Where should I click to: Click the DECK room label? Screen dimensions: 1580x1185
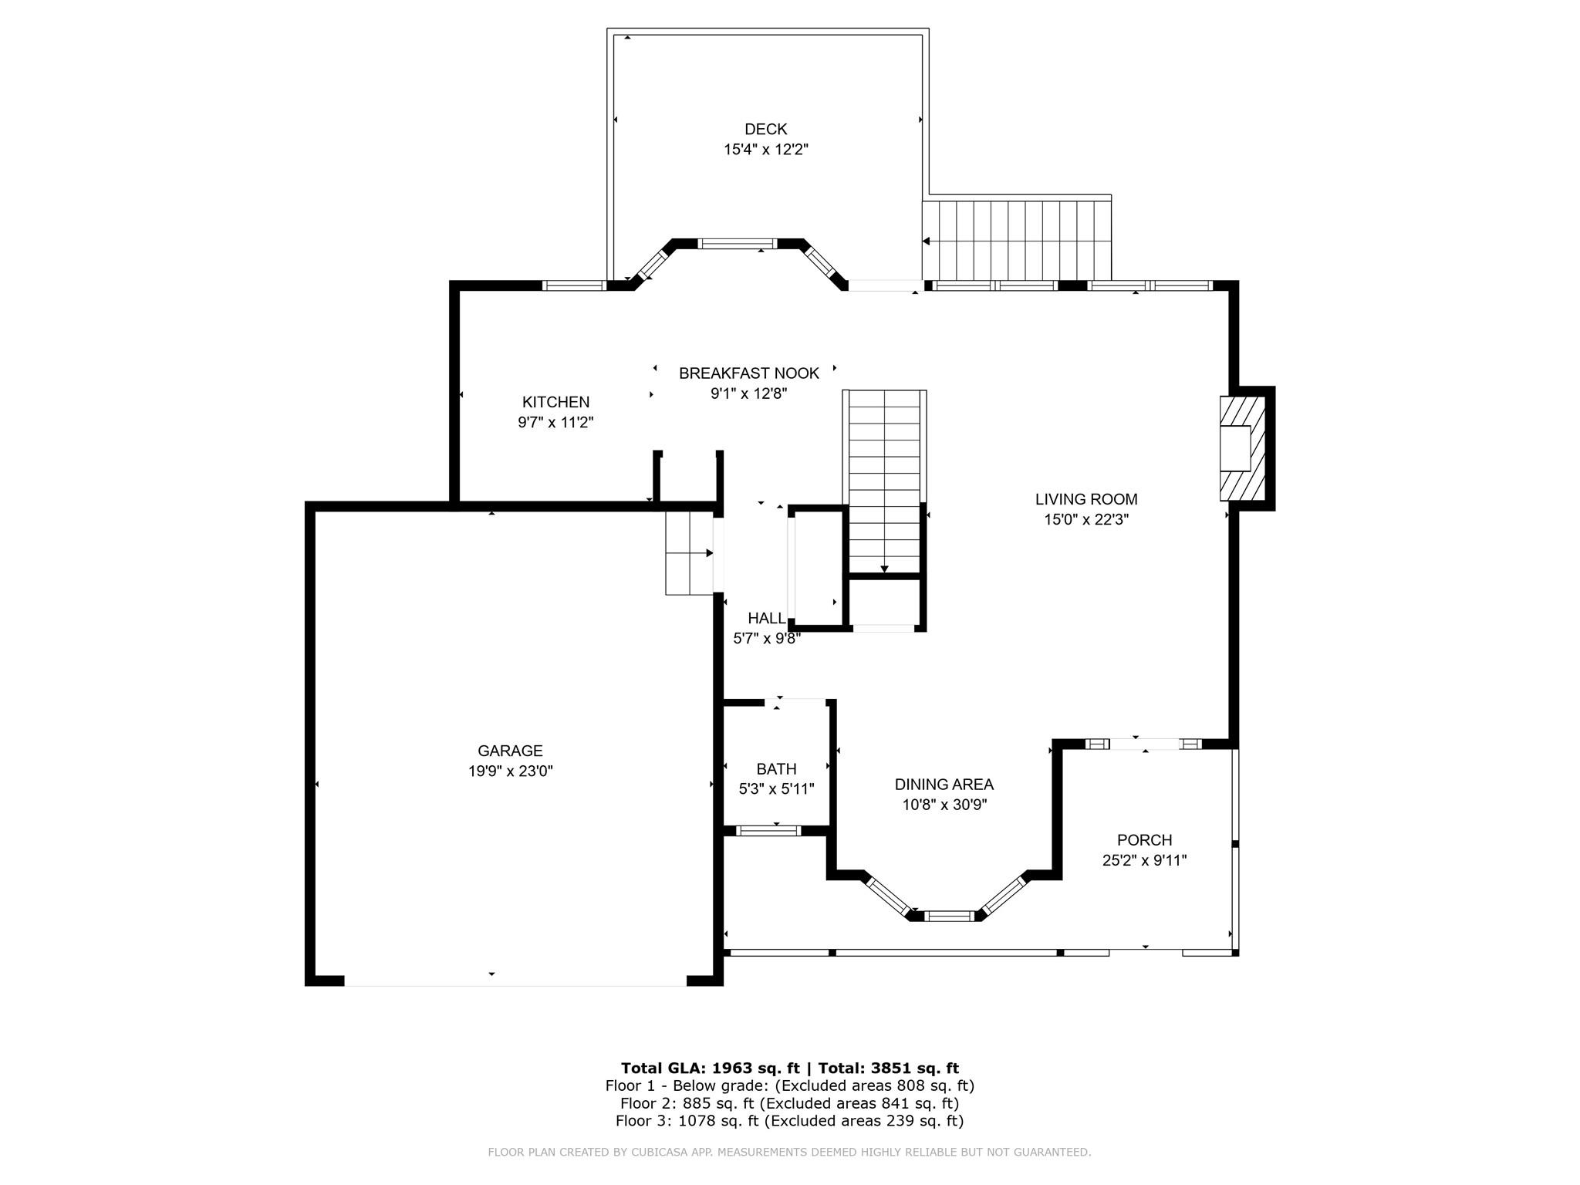pyautogui.click(x=765, y=130)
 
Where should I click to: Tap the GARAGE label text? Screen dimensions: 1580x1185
pyautogui.click(x=510, y=751)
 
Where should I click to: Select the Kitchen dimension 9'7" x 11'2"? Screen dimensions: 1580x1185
pyautogui.click(x=555, y=422)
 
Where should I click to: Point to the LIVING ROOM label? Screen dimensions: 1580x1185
pyautogui.click(x=1086, y=499)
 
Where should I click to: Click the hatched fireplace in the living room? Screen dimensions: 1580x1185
pyautogui.click(x=1242, y=448)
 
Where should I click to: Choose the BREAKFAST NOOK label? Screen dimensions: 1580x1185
pyautogui.click(x=748, y=373)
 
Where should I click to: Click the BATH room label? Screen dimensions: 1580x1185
pyautogui.click(x=776, y=769)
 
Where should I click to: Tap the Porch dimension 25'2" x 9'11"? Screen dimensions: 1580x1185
pyautogui.click(x=1144, y=860)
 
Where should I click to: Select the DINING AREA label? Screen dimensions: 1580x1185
pyautogui.click(x=944, y=785)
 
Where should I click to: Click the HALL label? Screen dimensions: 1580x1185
pyautogui.click(x=767, y=618)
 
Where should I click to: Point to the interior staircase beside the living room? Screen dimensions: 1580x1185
pyautogui.click(x=884, y=482)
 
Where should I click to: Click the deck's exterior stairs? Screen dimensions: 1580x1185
pyautogui.click(x=1017, y=240)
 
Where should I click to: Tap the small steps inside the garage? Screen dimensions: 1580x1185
pyautogui.click(x=689, y=553)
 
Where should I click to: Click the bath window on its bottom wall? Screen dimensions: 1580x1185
pyautogui.click(x=768, y=831)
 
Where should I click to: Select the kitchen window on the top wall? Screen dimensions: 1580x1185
pyautogui.click(x=573, y=285)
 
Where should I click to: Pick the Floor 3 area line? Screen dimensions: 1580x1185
pyautogui.click(x=789, y=1121)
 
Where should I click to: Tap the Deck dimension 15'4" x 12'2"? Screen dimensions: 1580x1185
pyautogui.click(x=765, y=150)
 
